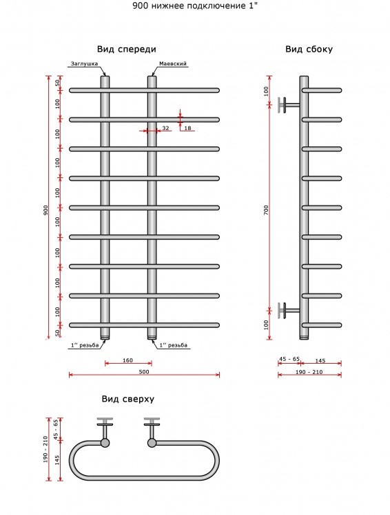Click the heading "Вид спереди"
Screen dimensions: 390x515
(126, 50)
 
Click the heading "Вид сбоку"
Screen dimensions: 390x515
(309, 50)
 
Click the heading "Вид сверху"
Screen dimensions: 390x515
(127, 399)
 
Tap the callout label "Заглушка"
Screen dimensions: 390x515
(84, 64)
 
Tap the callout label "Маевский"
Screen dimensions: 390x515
(173, 64)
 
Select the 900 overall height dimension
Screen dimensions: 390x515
(45, 210)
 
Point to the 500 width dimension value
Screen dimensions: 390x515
(144, 372)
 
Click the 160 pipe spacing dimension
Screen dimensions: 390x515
(127, 360)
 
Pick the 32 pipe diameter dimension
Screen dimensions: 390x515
(165, 128)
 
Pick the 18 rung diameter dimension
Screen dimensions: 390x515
(187, 128)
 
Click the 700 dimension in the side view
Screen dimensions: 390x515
(266, 210)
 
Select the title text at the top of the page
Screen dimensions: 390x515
(195, 6)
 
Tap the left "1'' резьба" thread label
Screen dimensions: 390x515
(85, 345)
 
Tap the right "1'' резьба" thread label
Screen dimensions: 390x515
(173, 345)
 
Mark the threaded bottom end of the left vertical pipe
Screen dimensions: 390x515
(105, 336)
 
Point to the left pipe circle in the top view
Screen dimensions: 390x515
(105, 443)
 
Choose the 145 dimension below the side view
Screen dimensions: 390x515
(320, 360)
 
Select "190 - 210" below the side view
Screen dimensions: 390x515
(309, 372)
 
